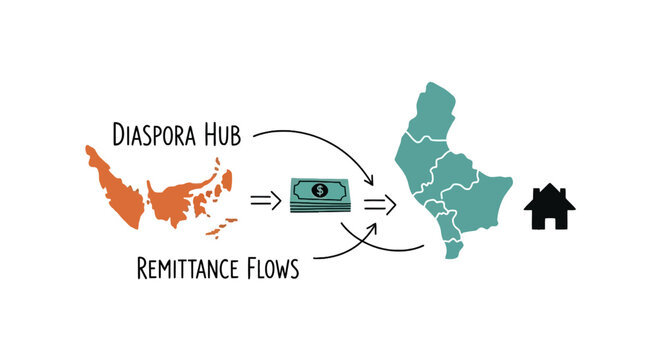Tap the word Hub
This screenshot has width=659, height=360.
[222, 133]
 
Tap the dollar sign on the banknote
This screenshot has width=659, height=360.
[319, 189]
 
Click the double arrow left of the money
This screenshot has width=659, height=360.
[265, 199]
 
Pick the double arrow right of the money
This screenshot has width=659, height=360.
[379, 204]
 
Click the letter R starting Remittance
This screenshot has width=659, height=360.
[140, 268]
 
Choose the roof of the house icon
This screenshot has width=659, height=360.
[548, 196]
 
